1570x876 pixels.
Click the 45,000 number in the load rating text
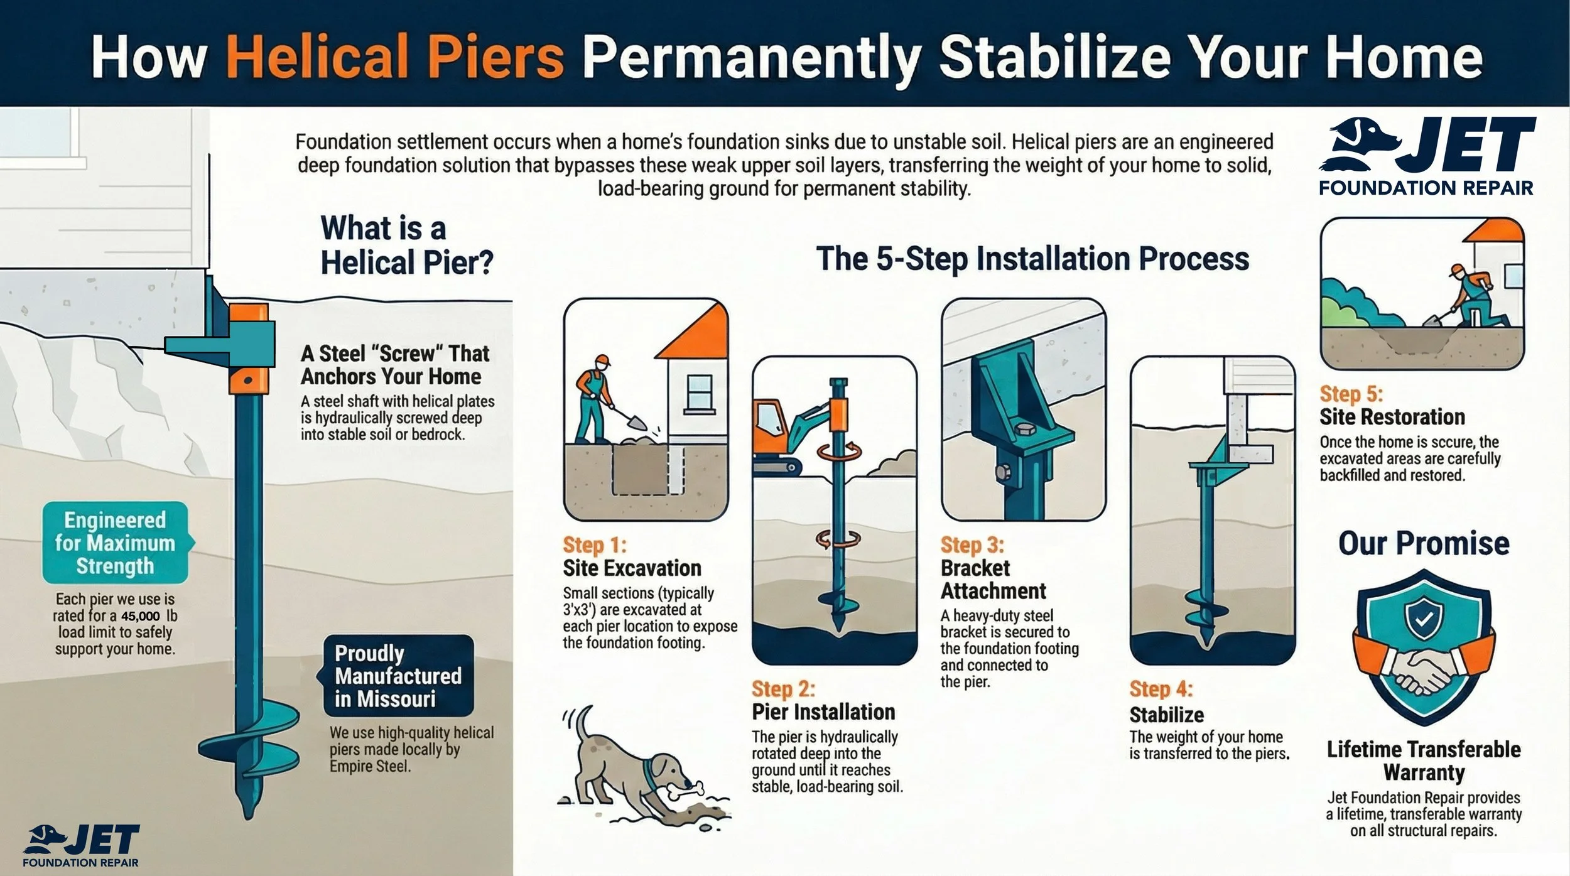tap(141, 617)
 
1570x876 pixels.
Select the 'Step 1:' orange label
tap(594, 544)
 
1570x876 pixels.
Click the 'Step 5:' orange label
tap(1351, 394)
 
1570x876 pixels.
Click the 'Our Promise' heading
tap(1423, 543)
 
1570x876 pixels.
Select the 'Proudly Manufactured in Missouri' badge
tap(398, 676)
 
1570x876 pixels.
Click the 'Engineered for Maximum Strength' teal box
tap(115, 543)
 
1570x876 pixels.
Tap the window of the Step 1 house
tap(699, 392)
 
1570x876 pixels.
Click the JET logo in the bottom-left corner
tap(82, 846)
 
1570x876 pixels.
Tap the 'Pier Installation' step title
tap(823, 712)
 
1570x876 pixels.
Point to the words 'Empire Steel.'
tap(370, 766)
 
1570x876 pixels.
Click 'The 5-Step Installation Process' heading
tap(1032, 259)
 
